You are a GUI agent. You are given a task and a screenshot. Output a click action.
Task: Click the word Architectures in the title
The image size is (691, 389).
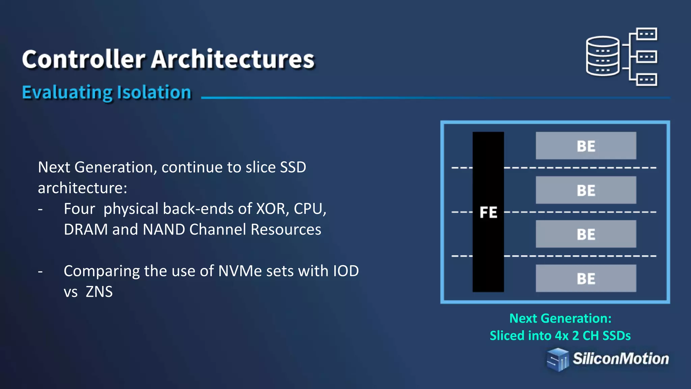click(x=233, y=59)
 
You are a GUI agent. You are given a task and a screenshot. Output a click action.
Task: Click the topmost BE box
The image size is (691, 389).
click(x=586, y=146)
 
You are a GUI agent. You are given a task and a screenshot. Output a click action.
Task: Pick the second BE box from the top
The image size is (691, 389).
click(x=586, y=190)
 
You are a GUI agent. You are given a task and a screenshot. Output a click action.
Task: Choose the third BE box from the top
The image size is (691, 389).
click(x=586, y=234)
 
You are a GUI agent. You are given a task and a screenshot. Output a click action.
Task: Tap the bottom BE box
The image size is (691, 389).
click(x=586, y=278)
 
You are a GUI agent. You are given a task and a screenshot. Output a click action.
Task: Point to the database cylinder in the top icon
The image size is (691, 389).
click(x=603, y=56)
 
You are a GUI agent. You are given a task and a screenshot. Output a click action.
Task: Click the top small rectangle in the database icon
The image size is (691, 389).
click(x=646, y=34)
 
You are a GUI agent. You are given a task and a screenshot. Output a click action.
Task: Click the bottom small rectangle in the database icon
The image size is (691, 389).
click(x=646, y=80)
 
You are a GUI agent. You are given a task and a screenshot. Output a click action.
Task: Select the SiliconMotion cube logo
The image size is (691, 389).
click(x=557, y=360)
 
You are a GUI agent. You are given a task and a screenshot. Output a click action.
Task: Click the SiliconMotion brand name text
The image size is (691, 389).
click(x=620, y=359)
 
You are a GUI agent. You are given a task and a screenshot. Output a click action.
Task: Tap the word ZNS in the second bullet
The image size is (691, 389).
click(x=99, y=292)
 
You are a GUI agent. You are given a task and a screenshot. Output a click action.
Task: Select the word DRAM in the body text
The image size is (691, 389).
click(x=86, y=230)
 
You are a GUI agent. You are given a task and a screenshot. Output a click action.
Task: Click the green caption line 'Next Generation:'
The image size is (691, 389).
click(x=560, y=318)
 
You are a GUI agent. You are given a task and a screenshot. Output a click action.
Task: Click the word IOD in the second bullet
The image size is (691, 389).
click(x=346, y=271)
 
